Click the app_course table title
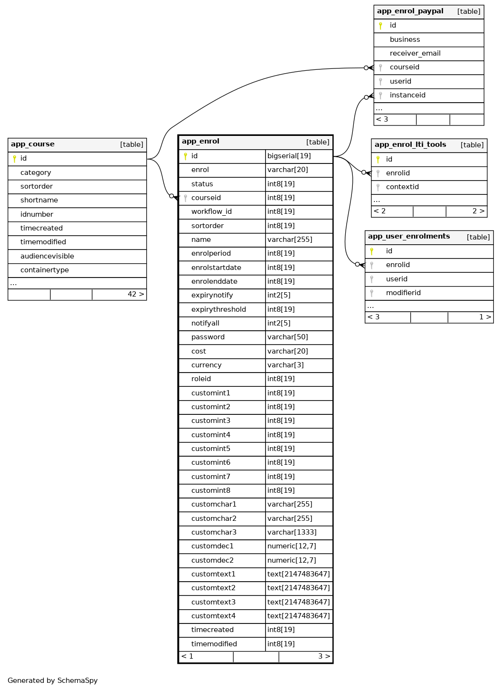click(x=33, y=144)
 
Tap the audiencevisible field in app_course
click(x=47, y=256)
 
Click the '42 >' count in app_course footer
click(x=135, y=295)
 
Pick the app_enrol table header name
click(x=200, y=142)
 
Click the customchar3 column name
click(x=214, y=532)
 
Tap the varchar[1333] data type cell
click(x=292, y=532)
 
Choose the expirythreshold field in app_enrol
click(x=218, y=309)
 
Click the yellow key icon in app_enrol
click(x=185, y=156)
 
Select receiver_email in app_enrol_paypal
click(x=415, y=53)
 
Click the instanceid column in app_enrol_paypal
click(x=407, y=95)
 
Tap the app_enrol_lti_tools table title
click(x=410, y=145)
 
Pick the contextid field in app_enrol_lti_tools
click(x=402, y=187)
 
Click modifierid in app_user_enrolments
click(x=403, y=293)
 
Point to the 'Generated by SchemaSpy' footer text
click(x=53, y=680)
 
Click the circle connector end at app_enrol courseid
click(x=171, y=196)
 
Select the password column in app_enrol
click(x=208, y=337)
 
